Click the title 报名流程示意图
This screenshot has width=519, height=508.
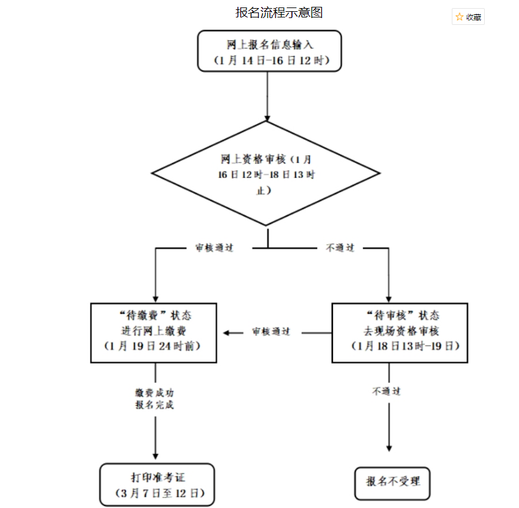click(x=279, y=12)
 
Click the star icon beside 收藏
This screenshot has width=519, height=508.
click(x=459, y=17)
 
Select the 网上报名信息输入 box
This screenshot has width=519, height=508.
click(x=269, y=51)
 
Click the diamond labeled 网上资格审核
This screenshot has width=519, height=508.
click(x=266, y=173)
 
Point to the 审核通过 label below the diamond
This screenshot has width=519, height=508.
click(x=214, y=248)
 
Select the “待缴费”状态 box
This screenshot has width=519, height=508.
click(x=154, y=332)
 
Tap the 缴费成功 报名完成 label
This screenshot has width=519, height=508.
click(x=154, y=398)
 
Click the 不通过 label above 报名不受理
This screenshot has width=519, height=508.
click(x=386, y=392)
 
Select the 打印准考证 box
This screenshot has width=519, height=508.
click(x=157, y=484)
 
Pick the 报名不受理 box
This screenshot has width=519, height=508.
click(x=393, y=482)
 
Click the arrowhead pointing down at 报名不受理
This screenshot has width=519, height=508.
click(x=390, y=446)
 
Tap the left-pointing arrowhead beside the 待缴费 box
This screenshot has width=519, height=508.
click(x=227, y=332)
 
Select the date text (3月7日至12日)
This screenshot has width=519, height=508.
click(x=157, y=494)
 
